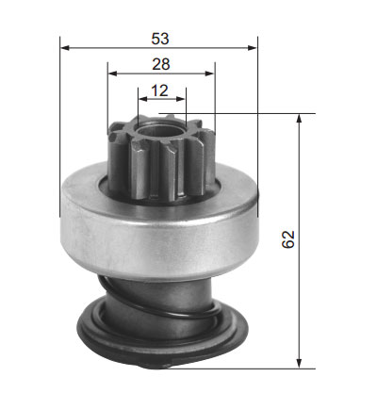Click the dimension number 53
click(160, 39)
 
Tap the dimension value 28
click(161, 64)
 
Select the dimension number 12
click(160, 90)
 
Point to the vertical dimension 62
click(288, 239)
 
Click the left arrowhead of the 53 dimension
click(64, 48)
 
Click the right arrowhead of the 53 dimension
click(253, 48)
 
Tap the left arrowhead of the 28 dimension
click(112, 74)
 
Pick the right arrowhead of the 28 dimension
click(209, 74)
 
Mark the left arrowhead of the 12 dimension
click(143, 99)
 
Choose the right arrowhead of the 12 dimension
click(181, 99)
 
